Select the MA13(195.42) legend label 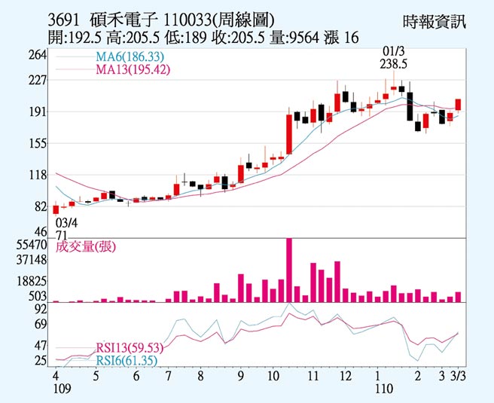133,69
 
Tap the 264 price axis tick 38,56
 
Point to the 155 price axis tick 38,143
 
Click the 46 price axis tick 41,231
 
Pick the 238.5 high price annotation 394,64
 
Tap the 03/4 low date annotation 66,223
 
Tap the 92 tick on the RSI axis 41,309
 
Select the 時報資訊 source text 435,21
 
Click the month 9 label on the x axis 239,375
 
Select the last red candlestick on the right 458,105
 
